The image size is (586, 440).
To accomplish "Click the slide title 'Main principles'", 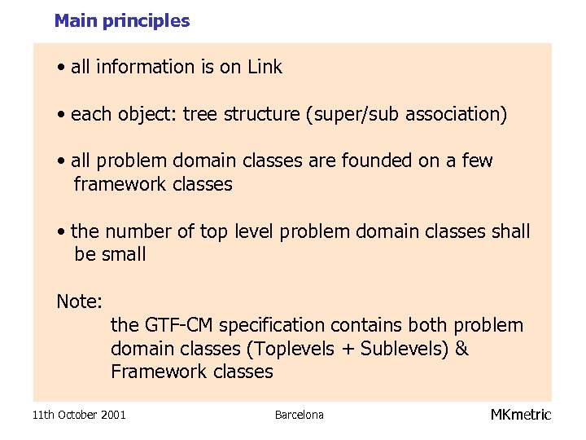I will (122, 21).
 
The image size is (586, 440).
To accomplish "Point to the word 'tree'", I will (200, 115).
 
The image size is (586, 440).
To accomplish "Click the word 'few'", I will (477, 161).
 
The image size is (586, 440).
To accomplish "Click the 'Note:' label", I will (79, 301).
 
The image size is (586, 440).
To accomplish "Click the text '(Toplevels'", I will (291, 349).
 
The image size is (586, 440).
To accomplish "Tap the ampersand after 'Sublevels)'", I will (461, 349).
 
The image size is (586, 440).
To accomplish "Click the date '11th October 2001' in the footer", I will (79, 415).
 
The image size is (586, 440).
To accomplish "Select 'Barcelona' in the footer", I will (299, 415).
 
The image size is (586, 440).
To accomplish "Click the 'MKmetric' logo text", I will (521, 415).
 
